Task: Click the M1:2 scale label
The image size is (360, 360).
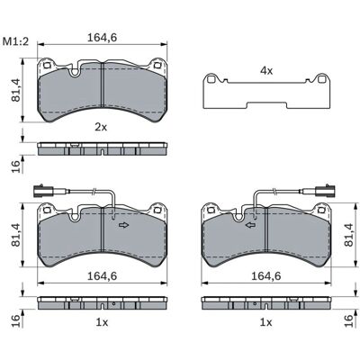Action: point(15,41)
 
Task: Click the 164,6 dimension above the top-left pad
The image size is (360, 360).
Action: point(102,38)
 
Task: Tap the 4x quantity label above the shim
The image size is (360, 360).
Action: point(266,71)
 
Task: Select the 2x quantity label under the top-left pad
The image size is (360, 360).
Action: point(101,128)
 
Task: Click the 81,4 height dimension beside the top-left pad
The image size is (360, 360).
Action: point(16,90)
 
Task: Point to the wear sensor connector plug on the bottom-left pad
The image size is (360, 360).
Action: point(43,191)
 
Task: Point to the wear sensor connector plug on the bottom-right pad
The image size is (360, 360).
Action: point(326,191)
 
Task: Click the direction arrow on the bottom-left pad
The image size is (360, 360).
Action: point(123,225)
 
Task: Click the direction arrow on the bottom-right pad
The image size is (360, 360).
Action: point(251,225)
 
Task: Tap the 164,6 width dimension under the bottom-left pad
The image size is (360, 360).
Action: point(102,276)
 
